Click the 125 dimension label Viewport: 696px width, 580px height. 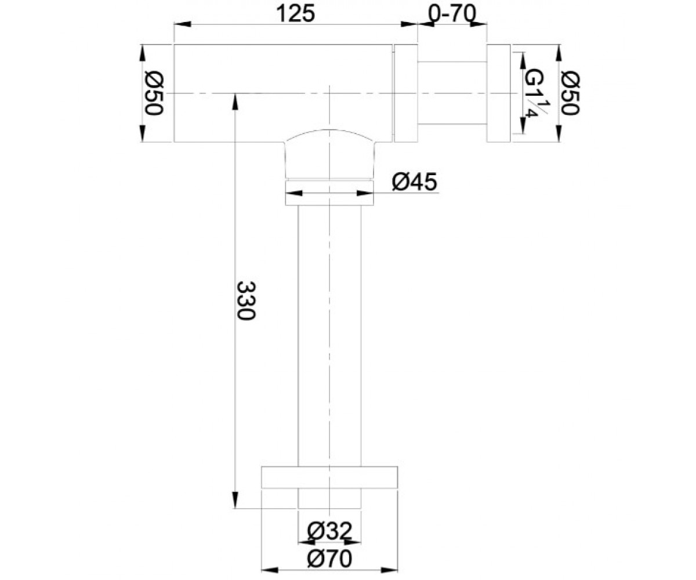[296, 14]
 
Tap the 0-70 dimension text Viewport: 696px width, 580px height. [452, 14]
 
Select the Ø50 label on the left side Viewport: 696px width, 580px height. [154, 93]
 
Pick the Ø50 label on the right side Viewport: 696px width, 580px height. [571, 93]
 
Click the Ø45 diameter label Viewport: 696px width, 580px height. [414, 182]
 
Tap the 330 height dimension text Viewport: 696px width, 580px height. [246, 300]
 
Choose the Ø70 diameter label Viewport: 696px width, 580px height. [329, 559]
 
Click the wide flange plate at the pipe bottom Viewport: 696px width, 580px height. [329, 477]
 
